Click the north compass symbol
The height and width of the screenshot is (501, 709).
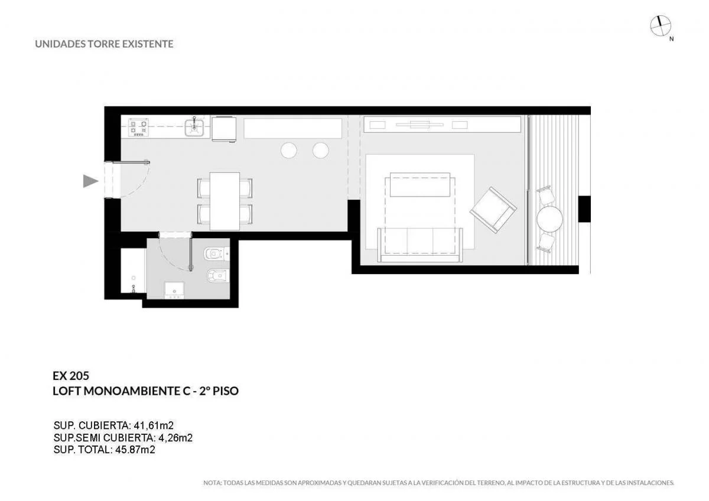(661, 25)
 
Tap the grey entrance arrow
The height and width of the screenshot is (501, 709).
(90, 181)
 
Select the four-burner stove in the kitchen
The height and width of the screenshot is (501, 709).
(138, 128)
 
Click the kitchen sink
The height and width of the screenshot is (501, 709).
(194, 127)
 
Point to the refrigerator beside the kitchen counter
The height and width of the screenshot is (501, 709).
(224, 129)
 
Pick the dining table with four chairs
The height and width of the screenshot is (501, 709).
(225, 201)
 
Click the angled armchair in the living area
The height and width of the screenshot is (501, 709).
(493, 210)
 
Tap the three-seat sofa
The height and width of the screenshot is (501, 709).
(420, 245)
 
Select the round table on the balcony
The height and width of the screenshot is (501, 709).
(550, 219)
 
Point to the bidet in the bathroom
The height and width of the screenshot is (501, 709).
(218, 276)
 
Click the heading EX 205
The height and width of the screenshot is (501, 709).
(71, 376)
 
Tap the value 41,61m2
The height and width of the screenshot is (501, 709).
(154, 425)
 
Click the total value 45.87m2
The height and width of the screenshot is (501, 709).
(135, 450)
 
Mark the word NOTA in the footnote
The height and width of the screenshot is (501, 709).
(212, 483)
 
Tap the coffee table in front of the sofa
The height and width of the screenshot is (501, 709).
(419, 184)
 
